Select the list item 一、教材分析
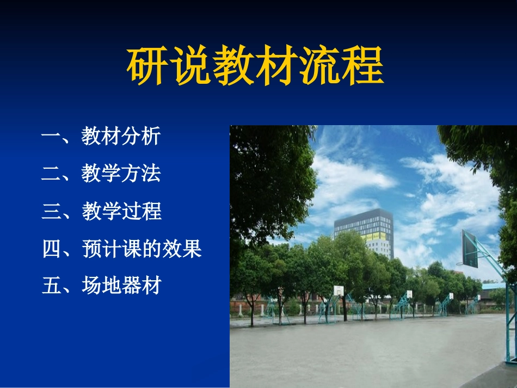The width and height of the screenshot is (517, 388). click(101, 136)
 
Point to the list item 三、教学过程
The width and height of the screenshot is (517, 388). click(101, 211)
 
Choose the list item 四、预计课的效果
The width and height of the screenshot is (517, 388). click(121, 249)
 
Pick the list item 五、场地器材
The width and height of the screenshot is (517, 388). click(101, 285)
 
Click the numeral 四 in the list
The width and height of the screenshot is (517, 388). click(50, 249)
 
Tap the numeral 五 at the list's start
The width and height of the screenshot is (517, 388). click(50, 285)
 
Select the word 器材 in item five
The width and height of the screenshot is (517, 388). click(141, 285)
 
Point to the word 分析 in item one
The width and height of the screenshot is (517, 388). click(141, 136)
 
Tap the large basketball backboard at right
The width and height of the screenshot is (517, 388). click(469, 249)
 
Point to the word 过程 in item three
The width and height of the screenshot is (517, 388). click(141, 211)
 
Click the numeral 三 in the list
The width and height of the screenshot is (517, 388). click(50, 211)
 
